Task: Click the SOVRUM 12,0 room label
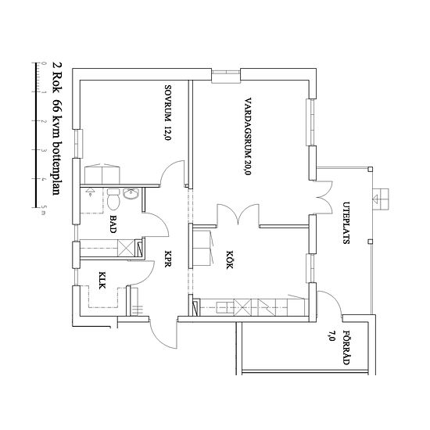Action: [168, 113]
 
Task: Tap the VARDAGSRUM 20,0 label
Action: [248, 136]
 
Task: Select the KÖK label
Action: [230, 260]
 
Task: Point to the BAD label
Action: [113, 224]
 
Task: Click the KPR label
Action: [168, 259]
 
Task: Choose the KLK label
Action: [102, 280]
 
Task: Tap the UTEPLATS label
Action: [346, 223]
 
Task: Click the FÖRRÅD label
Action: [346, 347]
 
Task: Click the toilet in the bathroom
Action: [113, 199]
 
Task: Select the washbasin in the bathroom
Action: [131, 194]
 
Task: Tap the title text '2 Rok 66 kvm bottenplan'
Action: [57, 129]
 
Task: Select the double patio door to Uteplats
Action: [324, 197]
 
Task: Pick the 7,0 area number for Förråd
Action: [331, 335]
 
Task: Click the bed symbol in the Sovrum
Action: [102, 174]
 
